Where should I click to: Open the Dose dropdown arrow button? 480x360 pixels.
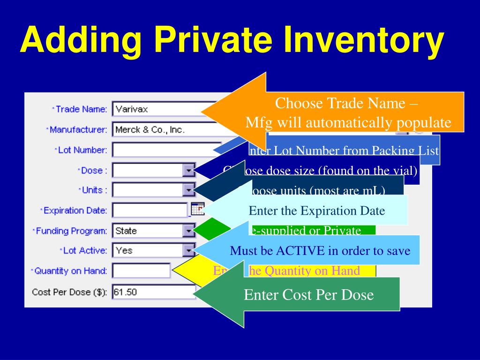click(x=188, y=170)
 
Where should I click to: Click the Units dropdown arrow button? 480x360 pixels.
click(x=188, y=190)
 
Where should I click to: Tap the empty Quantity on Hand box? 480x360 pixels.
click(x=141, y=270)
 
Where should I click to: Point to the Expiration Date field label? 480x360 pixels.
click(x=75, y=210)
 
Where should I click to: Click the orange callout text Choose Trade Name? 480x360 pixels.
click(x=347, y=103)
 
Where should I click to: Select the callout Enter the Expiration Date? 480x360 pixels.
click(x=317, y=211)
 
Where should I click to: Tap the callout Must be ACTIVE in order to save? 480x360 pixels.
click(x=320, y=251)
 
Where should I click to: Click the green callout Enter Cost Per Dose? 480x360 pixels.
click(x=309, y=295)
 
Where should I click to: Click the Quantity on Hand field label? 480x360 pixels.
click(x=70, y=271)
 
